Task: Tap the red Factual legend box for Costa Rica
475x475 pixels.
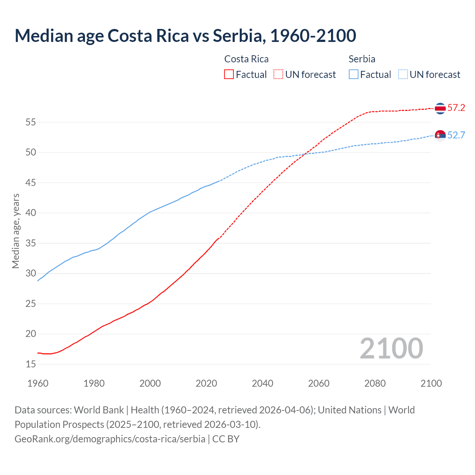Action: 229,74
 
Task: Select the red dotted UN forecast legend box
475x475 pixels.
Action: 278,74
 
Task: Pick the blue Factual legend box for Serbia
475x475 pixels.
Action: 353,74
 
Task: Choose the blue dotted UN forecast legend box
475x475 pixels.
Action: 403,74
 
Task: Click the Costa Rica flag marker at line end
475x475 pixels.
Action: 440,108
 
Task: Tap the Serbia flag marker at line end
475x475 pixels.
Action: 440,135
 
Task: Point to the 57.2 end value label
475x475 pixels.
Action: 456,108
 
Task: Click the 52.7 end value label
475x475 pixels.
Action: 456,135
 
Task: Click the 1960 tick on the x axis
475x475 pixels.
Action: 38,383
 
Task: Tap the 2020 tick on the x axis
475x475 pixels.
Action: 206,383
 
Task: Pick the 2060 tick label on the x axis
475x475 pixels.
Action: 319,383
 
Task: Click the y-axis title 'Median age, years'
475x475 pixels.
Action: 16,231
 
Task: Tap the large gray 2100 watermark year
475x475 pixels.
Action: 391,348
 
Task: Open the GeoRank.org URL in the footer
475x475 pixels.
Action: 110,439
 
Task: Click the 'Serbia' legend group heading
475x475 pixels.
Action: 362,59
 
